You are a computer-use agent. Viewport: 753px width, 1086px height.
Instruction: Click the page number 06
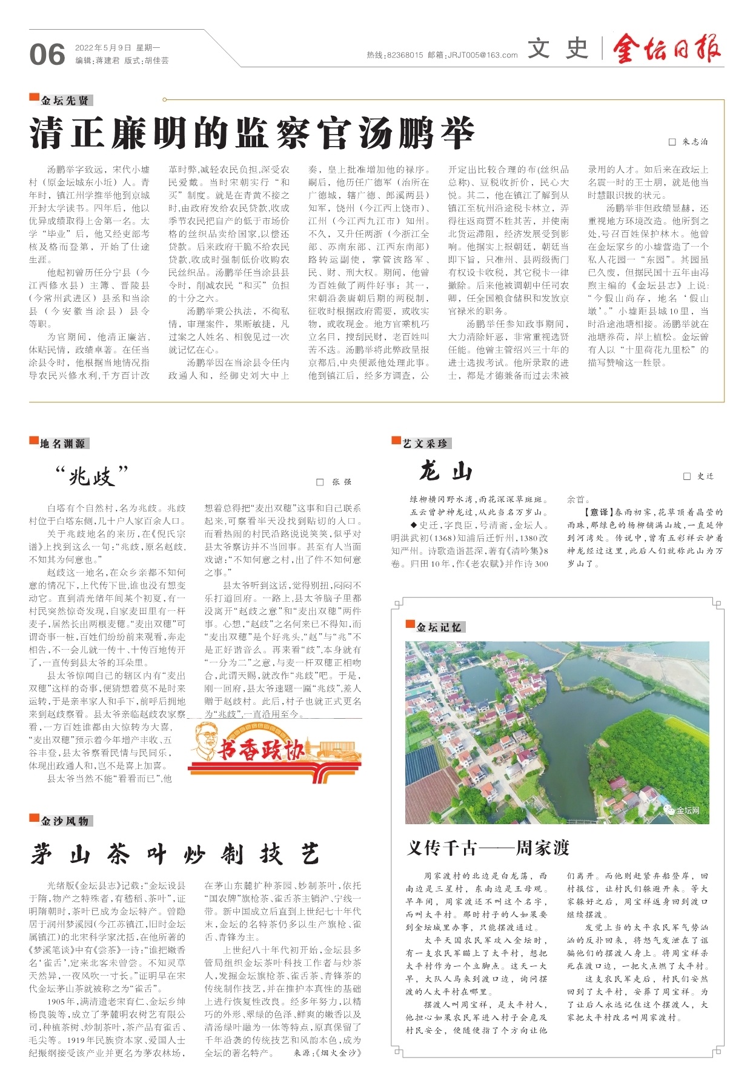click(47, 55)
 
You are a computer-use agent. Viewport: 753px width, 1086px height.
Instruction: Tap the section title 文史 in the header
click(557, 48)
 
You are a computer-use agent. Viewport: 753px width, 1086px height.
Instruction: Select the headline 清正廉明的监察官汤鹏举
click(252, 134)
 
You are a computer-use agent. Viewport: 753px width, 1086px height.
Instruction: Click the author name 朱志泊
click(694, 142)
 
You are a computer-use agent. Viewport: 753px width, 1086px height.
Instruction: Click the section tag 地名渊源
click(62, 444)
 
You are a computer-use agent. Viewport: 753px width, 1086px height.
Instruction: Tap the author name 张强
click(342, 482)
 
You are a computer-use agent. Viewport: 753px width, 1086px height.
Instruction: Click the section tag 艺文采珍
click(425, 444)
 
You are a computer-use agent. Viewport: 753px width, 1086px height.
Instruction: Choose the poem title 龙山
click(446, 471)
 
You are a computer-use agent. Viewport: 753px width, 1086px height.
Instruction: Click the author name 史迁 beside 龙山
click(705, 476)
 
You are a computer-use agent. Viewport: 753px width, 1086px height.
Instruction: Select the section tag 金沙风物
click(64, 821)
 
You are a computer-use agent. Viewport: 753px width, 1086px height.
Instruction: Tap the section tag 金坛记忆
click(439, 627)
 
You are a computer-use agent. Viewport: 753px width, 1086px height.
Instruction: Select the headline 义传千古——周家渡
click(488, 848)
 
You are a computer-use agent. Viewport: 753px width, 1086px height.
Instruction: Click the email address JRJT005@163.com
click(482, 55)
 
